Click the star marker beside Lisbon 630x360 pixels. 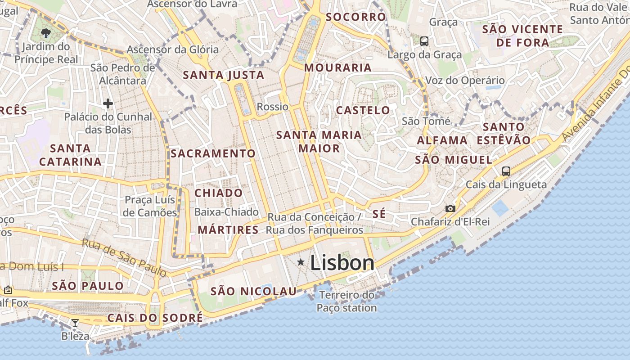(x=301, y=262)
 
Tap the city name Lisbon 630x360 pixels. (x=342, y=263)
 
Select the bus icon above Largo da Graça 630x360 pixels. (x=424, y=41)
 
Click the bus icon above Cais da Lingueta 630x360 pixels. (x=506, y=171)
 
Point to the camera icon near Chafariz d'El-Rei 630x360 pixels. (x=450, y=208)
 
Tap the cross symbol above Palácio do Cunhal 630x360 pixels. (x=108, y=104)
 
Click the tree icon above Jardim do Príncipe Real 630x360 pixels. (x=45, y=32)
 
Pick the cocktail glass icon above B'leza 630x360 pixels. (x=75, y=323)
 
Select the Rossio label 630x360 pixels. (x=272, y=107)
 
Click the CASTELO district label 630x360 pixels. (x=363, y=110)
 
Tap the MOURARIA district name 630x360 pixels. (x=338, y=68)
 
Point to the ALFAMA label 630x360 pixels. (x=442, y=140)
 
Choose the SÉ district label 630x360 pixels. (x=379, y=214)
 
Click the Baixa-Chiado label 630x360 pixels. (x=226, y=212)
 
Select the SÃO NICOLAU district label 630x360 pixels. (x=254, y=291)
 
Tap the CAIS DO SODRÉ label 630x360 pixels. (x=155, y=318)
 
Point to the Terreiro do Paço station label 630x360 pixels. (x=346, y=301)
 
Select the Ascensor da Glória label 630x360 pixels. (x=173, y=49)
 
